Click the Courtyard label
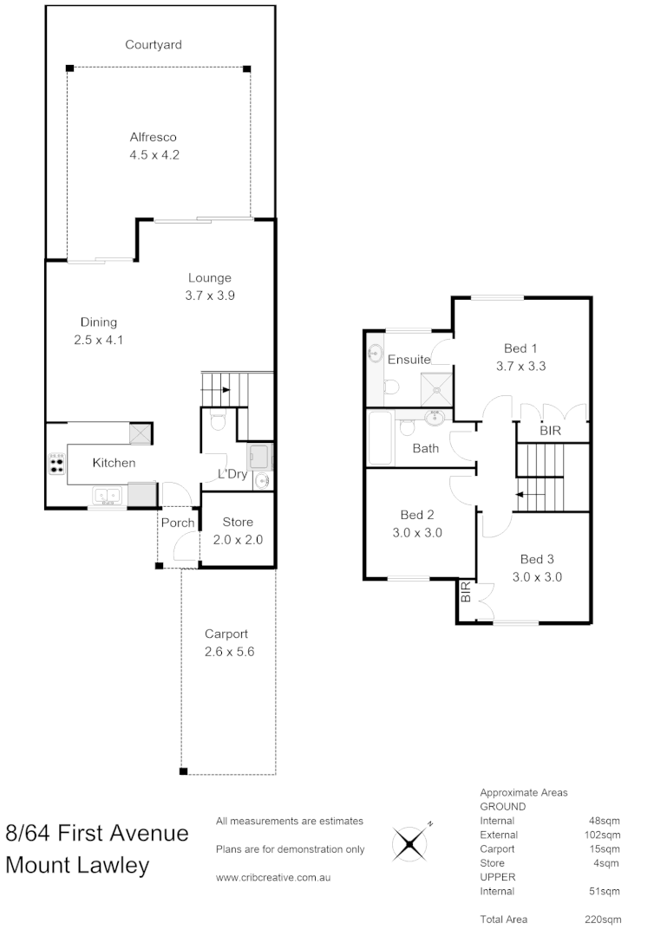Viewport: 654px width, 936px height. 153,44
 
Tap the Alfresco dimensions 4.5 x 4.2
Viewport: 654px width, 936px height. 154,154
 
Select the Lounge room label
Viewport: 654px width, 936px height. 210,278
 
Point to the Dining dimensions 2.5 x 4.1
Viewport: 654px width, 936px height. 99,340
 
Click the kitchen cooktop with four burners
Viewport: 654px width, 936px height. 57,464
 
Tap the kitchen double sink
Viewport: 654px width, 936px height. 109,496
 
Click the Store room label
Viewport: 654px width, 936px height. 238,522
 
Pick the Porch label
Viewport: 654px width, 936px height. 178,523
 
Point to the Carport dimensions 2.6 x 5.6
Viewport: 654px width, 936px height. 229,651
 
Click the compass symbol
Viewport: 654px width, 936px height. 410,842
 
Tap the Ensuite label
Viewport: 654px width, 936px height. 409,359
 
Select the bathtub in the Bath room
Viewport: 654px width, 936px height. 381,439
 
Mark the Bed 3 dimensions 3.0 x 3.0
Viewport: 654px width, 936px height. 537,576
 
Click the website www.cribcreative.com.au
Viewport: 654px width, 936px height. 274,877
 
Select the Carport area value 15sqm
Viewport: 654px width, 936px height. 605,849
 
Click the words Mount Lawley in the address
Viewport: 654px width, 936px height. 77,865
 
